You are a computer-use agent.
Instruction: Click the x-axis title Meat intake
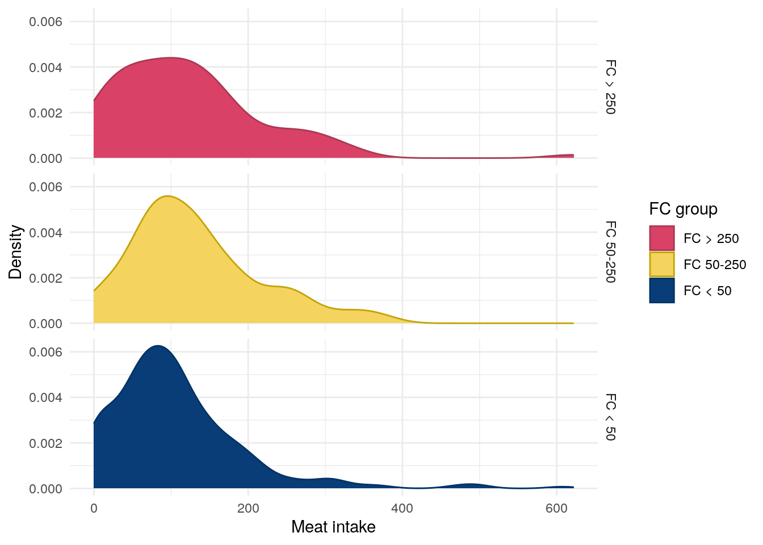[333, 527]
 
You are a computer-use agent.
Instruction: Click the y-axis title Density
[16, 252]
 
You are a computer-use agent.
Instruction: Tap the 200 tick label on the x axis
[248, 509]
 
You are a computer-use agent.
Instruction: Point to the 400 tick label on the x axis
[403, 509]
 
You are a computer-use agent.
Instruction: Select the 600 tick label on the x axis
[556, 509]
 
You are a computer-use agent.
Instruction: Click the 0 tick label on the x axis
[94, 509]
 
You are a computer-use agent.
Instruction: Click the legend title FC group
[683, 209]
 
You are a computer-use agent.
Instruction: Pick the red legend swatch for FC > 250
[662, 238]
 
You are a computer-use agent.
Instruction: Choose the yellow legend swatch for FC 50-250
[662, 265]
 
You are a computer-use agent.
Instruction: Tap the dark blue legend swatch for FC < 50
[662, 291]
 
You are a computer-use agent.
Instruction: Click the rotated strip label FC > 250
[610, 87]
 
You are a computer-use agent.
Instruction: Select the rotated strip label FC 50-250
[610, 252]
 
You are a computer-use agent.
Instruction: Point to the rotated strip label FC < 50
[610, 417]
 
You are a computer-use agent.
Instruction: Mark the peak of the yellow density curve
[167, 196]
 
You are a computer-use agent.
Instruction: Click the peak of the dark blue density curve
[158, 346]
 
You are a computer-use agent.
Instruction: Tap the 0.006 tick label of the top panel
[45, 22]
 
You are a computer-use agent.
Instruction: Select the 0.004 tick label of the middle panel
[45, 232]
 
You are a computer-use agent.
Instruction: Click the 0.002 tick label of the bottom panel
[45, 443]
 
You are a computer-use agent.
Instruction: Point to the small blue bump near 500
[471, 485]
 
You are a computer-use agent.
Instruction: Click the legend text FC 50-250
[715, 265]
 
